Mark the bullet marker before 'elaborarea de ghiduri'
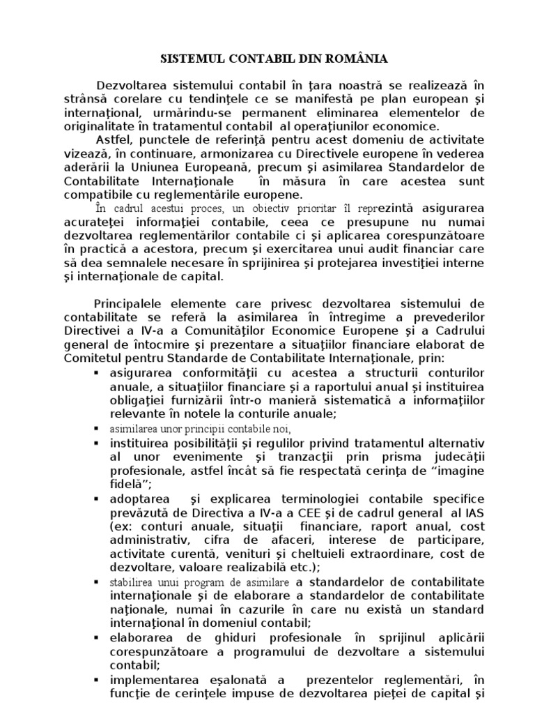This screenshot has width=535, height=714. pyautogui.click(x=94, y=638)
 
